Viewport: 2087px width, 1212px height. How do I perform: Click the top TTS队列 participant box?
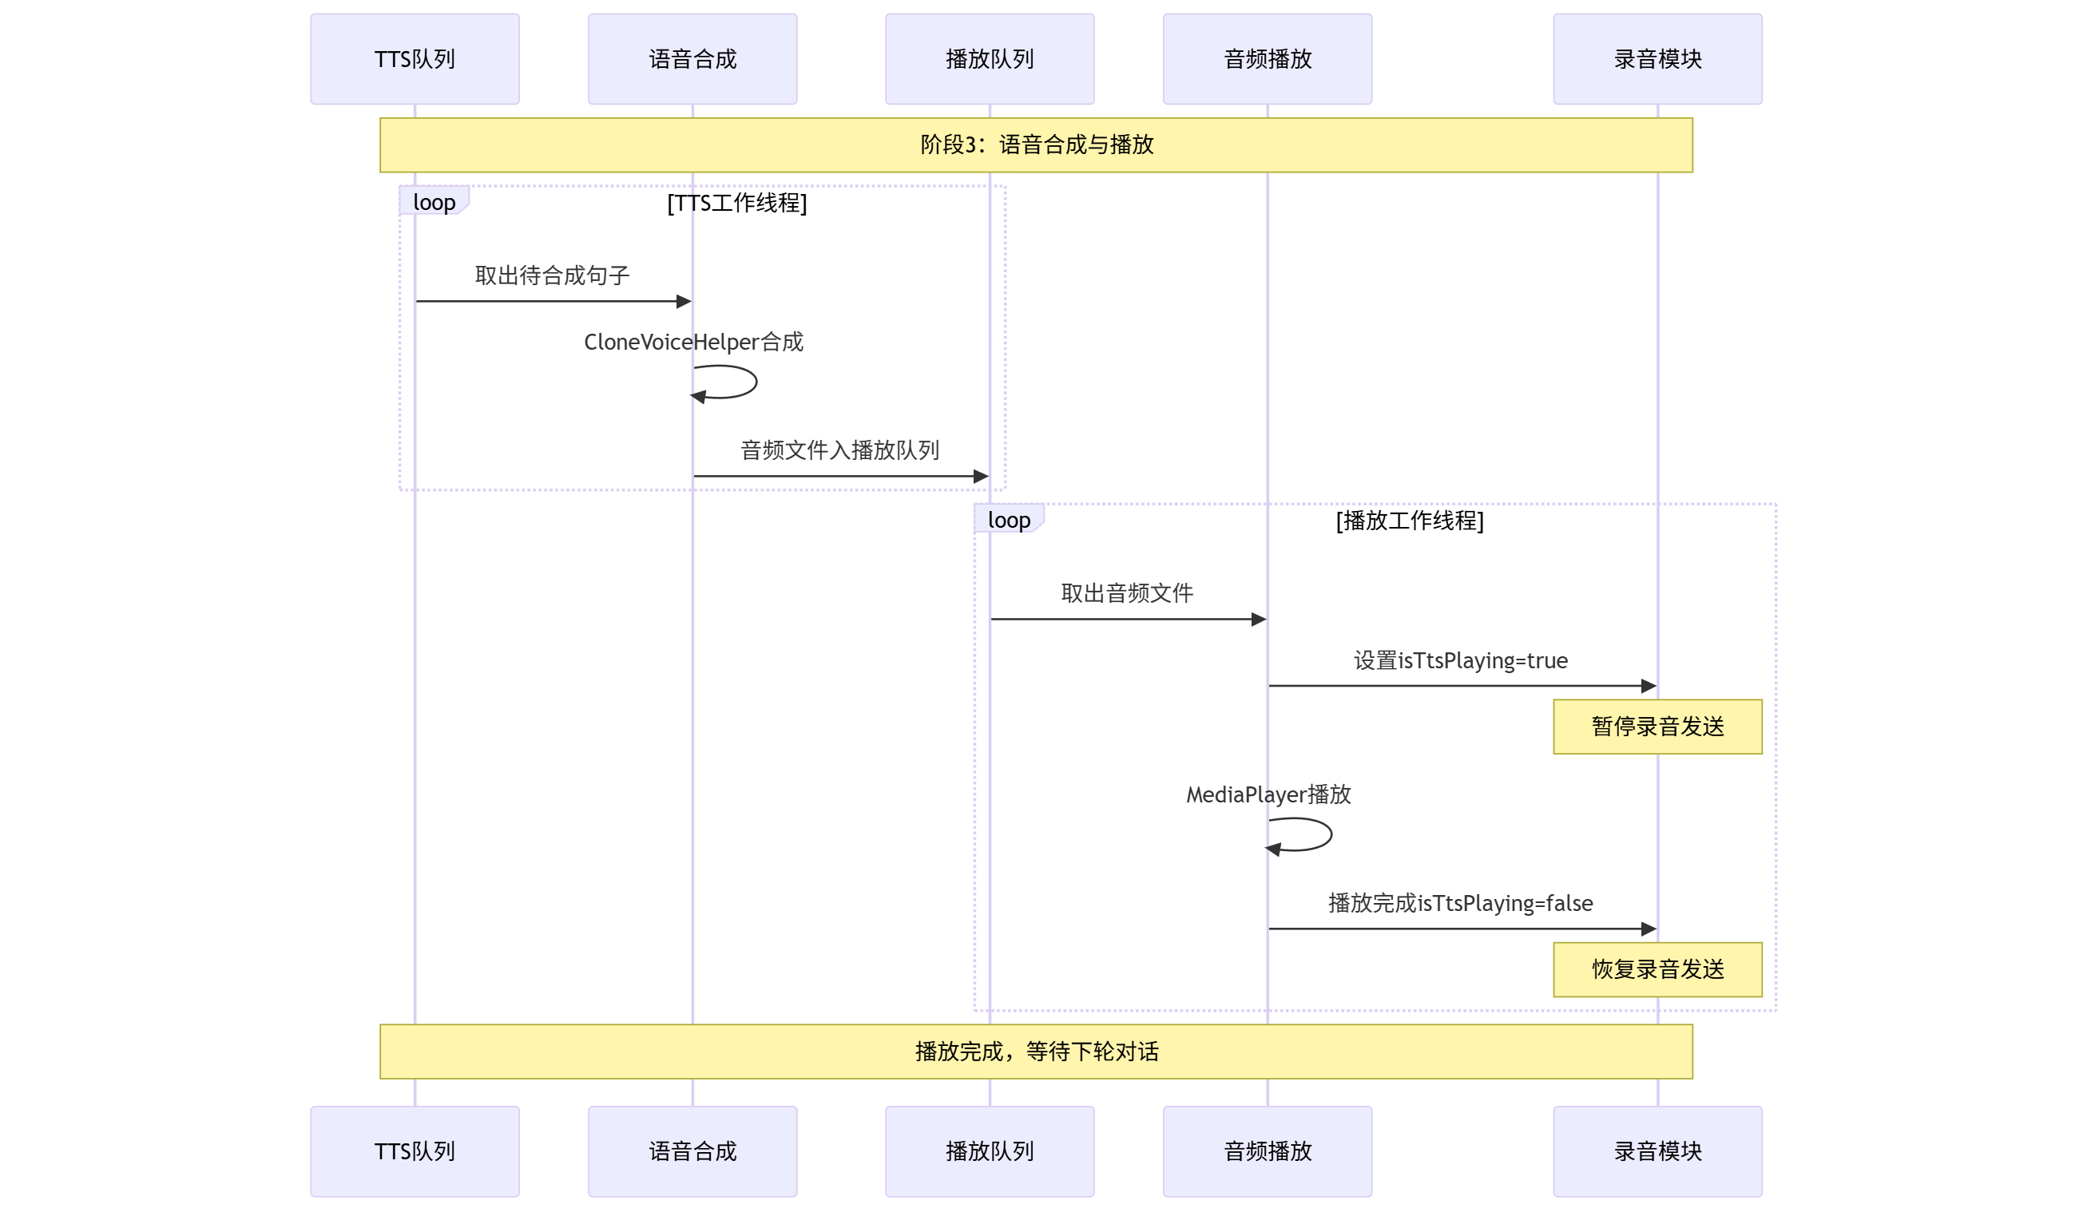415,59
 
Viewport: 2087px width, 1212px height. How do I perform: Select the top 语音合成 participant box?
692,59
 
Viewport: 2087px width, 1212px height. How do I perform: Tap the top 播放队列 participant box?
989,59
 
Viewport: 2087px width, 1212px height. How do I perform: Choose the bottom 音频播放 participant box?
1267,1151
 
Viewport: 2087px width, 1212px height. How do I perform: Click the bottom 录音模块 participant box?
1657,1151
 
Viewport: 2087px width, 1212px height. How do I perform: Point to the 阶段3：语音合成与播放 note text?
1036,145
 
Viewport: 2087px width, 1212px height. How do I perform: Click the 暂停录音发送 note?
1657,726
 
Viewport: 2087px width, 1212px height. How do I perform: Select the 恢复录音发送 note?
1657,968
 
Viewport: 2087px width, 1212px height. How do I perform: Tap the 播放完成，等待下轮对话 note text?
1036,1052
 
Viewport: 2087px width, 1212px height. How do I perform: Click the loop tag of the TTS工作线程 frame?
434,202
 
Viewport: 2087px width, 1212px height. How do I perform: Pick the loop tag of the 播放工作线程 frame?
1009,520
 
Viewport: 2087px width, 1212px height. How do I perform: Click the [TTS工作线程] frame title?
737,203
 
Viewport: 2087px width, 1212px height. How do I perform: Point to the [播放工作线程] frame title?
1410,521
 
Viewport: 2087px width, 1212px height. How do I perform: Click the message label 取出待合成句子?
553,275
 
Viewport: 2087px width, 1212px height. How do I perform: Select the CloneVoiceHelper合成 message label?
693,342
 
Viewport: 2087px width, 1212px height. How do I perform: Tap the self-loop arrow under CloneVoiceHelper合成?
728,382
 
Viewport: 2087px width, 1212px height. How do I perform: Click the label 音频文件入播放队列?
839,450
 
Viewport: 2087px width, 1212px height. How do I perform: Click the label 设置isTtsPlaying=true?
1461,660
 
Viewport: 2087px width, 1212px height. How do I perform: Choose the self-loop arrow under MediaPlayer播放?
1304,834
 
